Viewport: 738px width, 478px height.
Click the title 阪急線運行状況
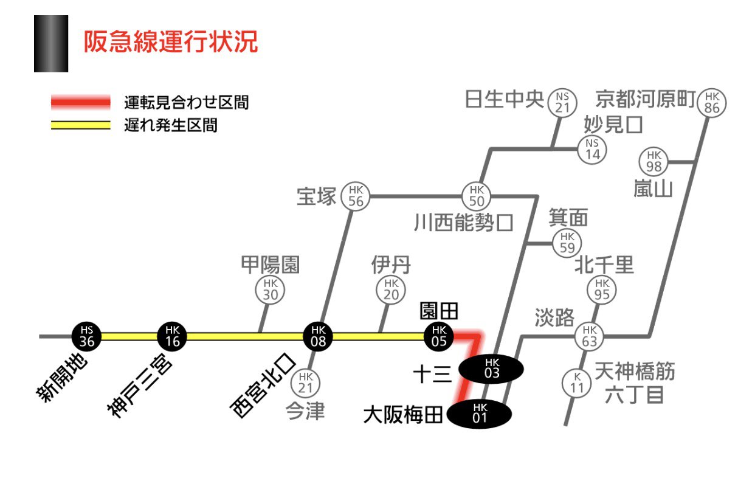tap(171, 43)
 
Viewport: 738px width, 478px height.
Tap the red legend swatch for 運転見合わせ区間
tap(80, 102)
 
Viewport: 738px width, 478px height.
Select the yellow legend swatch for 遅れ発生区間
tap(80, 126)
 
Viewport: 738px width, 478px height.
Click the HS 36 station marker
tap(86, 336)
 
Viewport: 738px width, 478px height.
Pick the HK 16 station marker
tap(172, 336)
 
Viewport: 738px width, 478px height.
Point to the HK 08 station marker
tap(318, 336)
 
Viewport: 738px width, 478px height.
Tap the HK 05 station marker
tap(439, 336)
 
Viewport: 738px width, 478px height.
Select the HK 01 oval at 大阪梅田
tap(480, 414)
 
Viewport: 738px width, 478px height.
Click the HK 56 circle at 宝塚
tap(356, 196)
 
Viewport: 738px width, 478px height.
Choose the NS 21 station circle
tap(562, 102)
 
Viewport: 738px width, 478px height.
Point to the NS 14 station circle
tap(592, 148)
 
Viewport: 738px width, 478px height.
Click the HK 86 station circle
tap(712, 102)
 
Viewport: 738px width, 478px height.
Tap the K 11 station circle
tap(577, 383)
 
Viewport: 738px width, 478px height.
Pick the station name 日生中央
tap(504, 99)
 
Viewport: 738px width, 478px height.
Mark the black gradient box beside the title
tap(51, 44)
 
